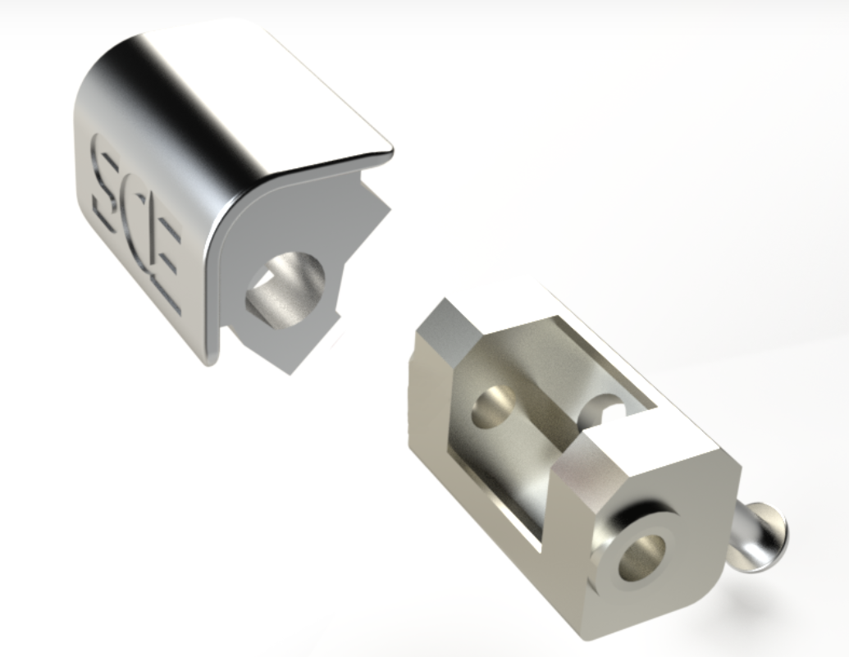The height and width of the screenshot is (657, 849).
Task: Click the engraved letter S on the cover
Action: coord(107,185)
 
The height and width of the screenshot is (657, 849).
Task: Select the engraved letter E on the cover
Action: coord(165,259)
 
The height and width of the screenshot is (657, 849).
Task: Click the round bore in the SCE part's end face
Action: coord(285,289)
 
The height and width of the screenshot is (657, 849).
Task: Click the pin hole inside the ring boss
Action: coord(642,557)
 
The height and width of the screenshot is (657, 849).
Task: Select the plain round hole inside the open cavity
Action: coord(493,406)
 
